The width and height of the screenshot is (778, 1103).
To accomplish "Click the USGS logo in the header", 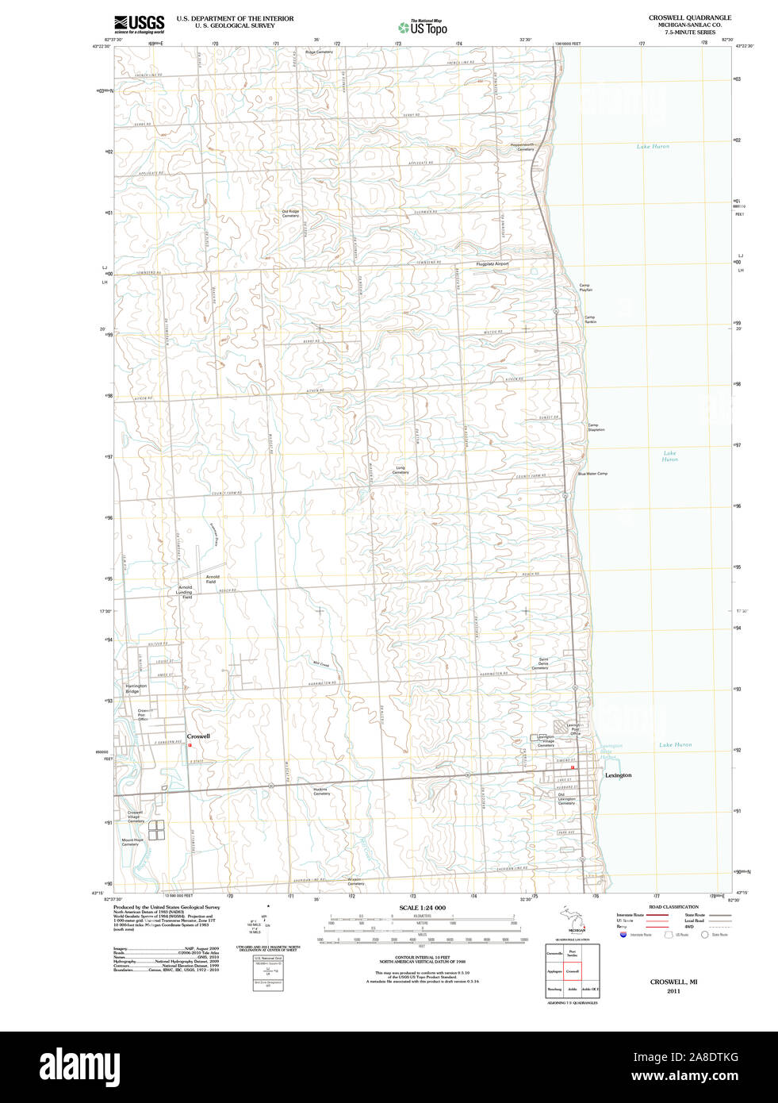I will pyautogui.click(x=140, y=23).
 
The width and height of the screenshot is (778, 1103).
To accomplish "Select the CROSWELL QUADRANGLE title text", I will pyautogui.click(x=689, y=17).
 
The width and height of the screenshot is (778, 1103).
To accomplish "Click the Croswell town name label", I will pyautogui.click(x=198, y=736).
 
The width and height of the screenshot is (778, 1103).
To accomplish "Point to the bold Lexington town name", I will pyautogui.click(x=619, y=775).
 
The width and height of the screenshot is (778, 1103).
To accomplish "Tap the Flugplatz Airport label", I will pyautogui.click(x=492, y=263).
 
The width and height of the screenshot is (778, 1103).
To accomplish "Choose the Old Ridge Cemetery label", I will pyautogui.click(x=290, y=213).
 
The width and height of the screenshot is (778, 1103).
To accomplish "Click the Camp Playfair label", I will pyautogui.click(x=585, y=287).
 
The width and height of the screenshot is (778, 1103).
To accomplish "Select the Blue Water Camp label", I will pyautogui.click(x=592, y=474).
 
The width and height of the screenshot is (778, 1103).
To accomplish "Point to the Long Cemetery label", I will pyautogui.click(x=400, y=470).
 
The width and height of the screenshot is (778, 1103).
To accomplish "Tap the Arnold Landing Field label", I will pyautogui.click(x=186, y=592).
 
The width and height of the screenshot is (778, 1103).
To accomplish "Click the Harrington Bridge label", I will pyautogui.click(x=136, y=689).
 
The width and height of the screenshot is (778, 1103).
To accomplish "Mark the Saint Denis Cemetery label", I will pyautogui.click(x=542, y=663).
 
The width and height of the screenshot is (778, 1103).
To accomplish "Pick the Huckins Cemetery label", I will pyautogui.click(x=321, y=791).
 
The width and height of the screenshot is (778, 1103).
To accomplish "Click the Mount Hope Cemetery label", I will pyautogui.click(x=132, y=842).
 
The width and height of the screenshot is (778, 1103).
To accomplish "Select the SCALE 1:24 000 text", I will pyautogui.click(x=422, y=908).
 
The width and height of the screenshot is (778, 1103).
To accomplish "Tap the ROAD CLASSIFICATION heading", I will pyautogui.click(x=673, y=907).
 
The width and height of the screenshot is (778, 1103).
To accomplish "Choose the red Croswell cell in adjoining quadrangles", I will pyautogui.click(x=573, y=970).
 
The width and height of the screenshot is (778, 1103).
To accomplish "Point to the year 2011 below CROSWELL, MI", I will pyautogui.click(x=673, y=991).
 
